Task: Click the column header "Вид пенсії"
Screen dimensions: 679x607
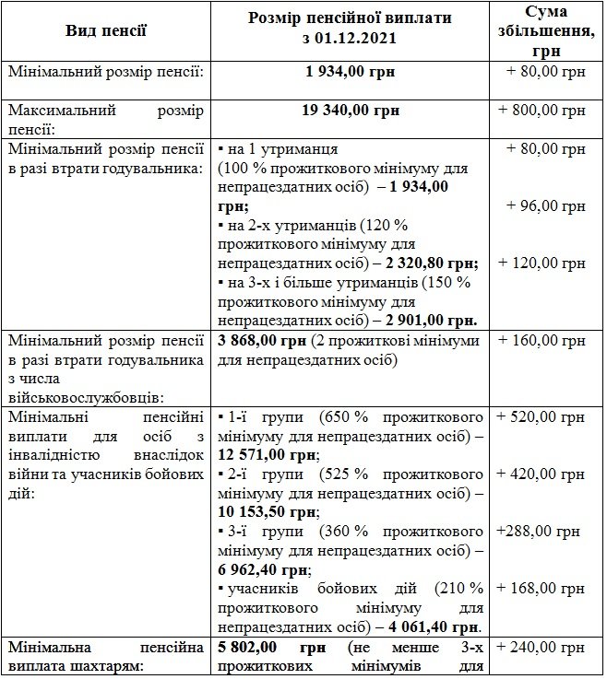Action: (106, 30)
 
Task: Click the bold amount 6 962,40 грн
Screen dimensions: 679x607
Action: (258, 569)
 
